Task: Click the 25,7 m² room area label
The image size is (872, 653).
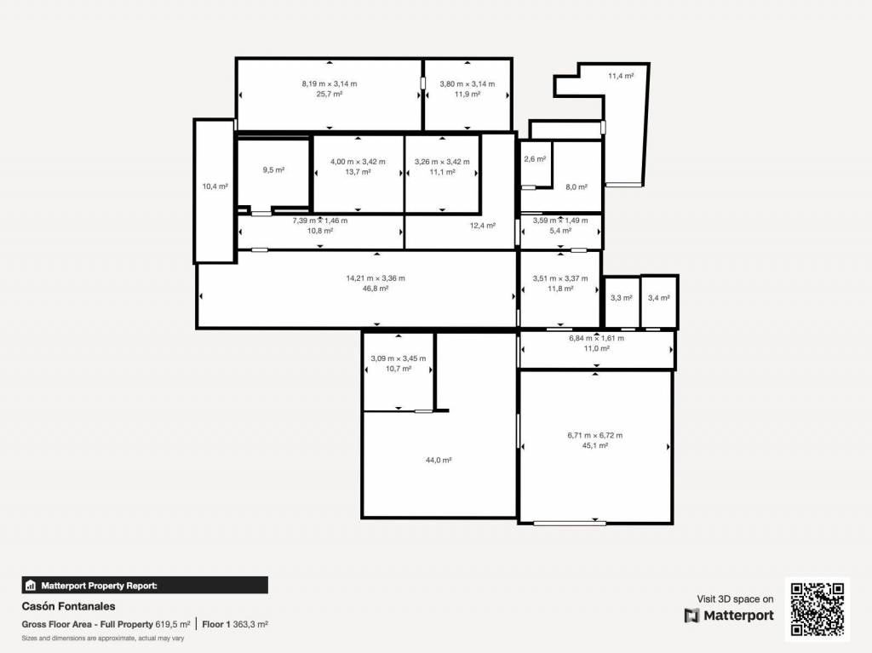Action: [330, 94]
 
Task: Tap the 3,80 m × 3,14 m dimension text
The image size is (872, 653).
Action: [468, 84]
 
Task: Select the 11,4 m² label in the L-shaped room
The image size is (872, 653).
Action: [621, 77]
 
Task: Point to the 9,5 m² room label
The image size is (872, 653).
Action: [273, 170]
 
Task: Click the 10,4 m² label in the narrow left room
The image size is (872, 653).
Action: [215, 187]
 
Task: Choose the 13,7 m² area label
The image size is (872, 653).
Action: [358, 172]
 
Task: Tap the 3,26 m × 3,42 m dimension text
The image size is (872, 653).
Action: [442, 162]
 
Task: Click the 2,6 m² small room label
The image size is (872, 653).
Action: [535, 159]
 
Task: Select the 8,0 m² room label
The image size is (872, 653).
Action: [577, 187]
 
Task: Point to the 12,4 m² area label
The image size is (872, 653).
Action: [482, 226]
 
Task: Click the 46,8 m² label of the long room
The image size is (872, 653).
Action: [376, 289]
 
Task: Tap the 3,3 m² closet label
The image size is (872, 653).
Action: [621, 298]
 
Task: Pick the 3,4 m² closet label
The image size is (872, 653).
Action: [658, 298]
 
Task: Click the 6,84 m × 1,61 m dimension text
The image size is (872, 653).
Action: [596, 338]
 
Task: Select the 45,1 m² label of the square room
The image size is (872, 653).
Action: [594, 445]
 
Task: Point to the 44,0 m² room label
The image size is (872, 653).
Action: [439, 460]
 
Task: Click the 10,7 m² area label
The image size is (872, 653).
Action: [399, 369]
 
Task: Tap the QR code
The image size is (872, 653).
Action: [817, 609]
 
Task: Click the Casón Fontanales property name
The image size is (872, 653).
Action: [68, 606]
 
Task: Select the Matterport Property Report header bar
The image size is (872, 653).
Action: [145, 585]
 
